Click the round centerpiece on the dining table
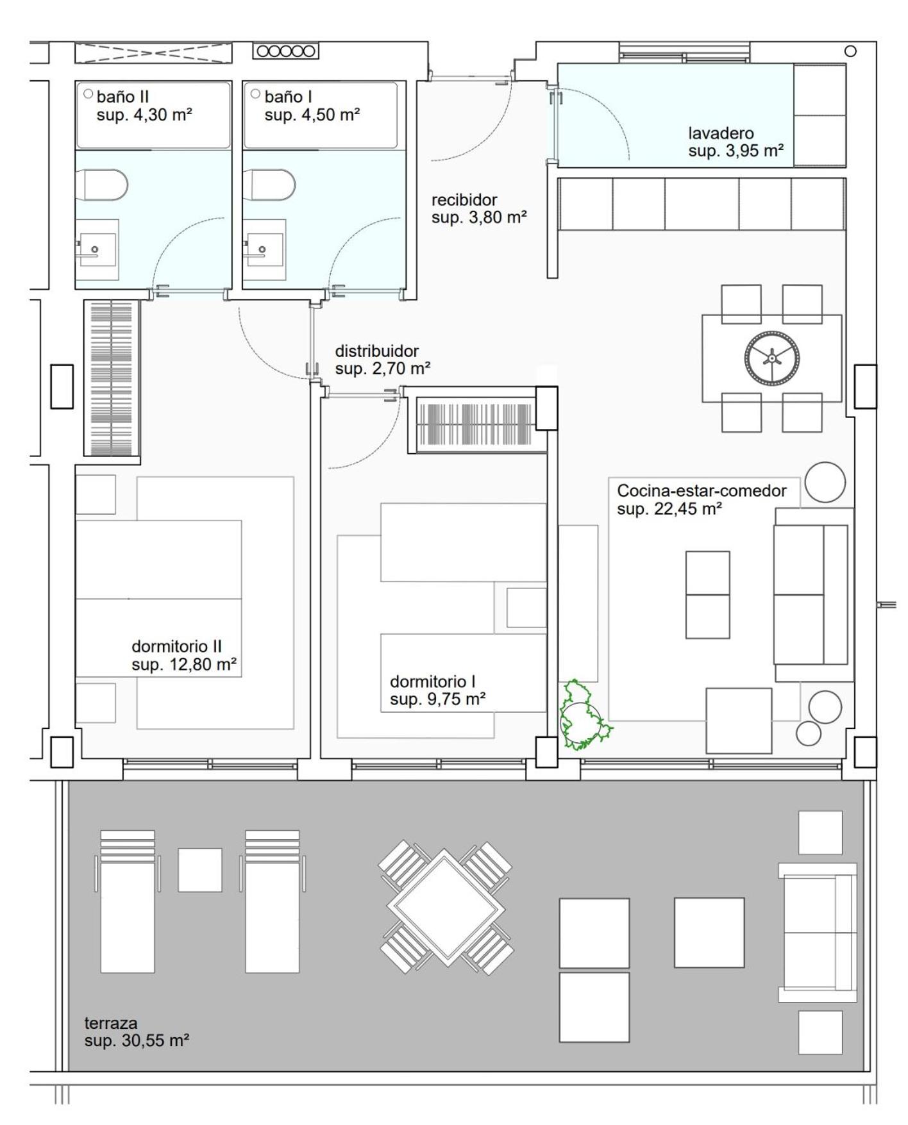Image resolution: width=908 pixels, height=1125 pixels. (x=772, y=358)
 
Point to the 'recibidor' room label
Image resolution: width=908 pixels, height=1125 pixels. (x=464, y=200)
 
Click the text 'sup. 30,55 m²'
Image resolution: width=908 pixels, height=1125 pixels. (x=137, y=1040)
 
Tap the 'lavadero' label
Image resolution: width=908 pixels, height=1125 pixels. (x=721, y=133)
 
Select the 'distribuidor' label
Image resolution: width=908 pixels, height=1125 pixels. (x=376, y=351)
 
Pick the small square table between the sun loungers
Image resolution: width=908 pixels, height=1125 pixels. (x=200, y=870)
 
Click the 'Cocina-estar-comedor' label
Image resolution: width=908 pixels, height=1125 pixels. (x=702, y=490)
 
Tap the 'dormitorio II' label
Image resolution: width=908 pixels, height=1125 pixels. (x=176, y=646)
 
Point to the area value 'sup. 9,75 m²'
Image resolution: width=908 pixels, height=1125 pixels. (x=437, y=699)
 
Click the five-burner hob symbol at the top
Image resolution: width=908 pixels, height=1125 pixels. (x=285, y=51)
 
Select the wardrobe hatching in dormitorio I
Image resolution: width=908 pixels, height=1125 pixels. (x=475, y=425)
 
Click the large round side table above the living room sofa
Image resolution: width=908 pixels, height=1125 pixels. (x=825, y=482)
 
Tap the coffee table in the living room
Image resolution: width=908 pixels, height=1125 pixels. (x=707, y=595)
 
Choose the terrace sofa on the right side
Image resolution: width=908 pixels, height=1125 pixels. (x=818, y=932)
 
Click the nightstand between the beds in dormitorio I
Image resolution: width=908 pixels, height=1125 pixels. (x=526, y=607)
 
